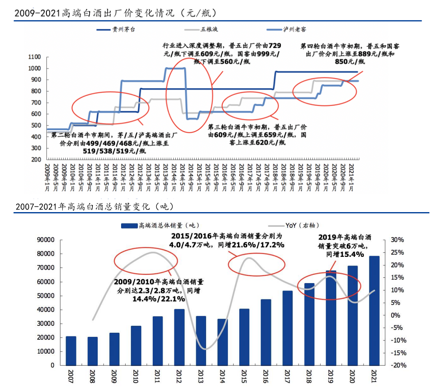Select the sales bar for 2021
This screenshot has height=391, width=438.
374,311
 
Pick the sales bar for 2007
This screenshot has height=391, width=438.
71,351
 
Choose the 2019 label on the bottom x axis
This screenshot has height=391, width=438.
331,376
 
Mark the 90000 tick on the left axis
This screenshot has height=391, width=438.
46,240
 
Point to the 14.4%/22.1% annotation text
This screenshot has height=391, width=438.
158,299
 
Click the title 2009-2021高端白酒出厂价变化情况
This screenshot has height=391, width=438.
115,14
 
